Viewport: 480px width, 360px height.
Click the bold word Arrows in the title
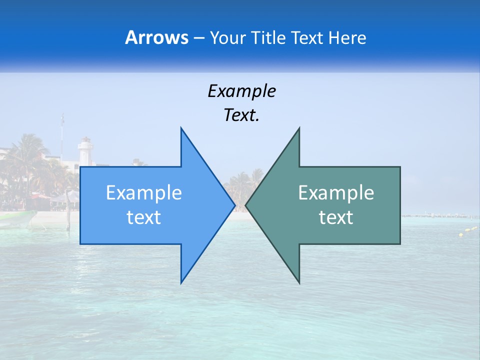tap(156, 37)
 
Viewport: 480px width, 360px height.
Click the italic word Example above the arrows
tap(241, 91)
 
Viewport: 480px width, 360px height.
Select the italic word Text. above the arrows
tap(241, 115)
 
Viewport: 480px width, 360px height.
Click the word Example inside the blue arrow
tap(144, 193)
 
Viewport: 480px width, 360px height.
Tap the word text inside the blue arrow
tap(144, 217)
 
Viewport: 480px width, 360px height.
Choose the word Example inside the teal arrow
tap(336, 193)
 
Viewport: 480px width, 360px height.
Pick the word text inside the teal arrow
tap(336, 217)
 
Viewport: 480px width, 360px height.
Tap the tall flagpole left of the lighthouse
tap(62, 135)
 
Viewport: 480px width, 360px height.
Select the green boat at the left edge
tap(15, 218)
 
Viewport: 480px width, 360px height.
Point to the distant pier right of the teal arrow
tap(435, 216)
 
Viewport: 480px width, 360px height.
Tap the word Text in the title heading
tap(308, 38)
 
